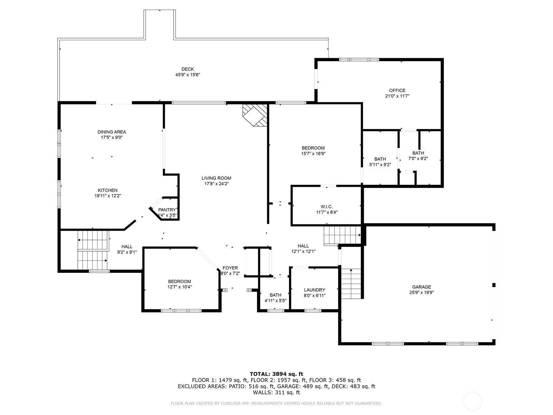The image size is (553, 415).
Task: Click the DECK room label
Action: (188, 69)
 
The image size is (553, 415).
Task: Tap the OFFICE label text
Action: (397, 91)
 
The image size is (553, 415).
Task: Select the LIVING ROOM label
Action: (216, 178)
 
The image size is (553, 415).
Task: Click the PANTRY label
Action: (167, 210)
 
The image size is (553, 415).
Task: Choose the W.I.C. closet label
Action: (327, 207)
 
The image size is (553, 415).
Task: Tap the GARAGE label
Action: (421, 287)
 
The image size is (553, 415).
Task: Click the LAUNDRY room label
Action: (315, 290)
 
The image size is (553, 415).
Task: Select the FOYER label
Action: (230, 268)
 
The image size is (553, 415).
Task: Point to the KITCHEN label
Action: (107, 190)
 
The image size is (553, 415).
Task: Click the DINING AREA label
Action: (112, 132)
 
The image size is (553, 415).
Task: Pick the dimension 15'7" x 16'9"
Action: (313, 154)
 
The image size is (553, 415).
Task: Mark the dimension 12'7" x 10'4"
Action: (180, 287)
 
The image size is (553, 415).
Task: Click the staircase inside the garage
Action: (351, 284)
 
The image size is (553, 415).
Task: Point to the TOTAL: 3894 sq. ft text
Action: (276, 374)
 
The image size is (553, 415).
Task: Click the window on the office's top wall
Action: (359, 60)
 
